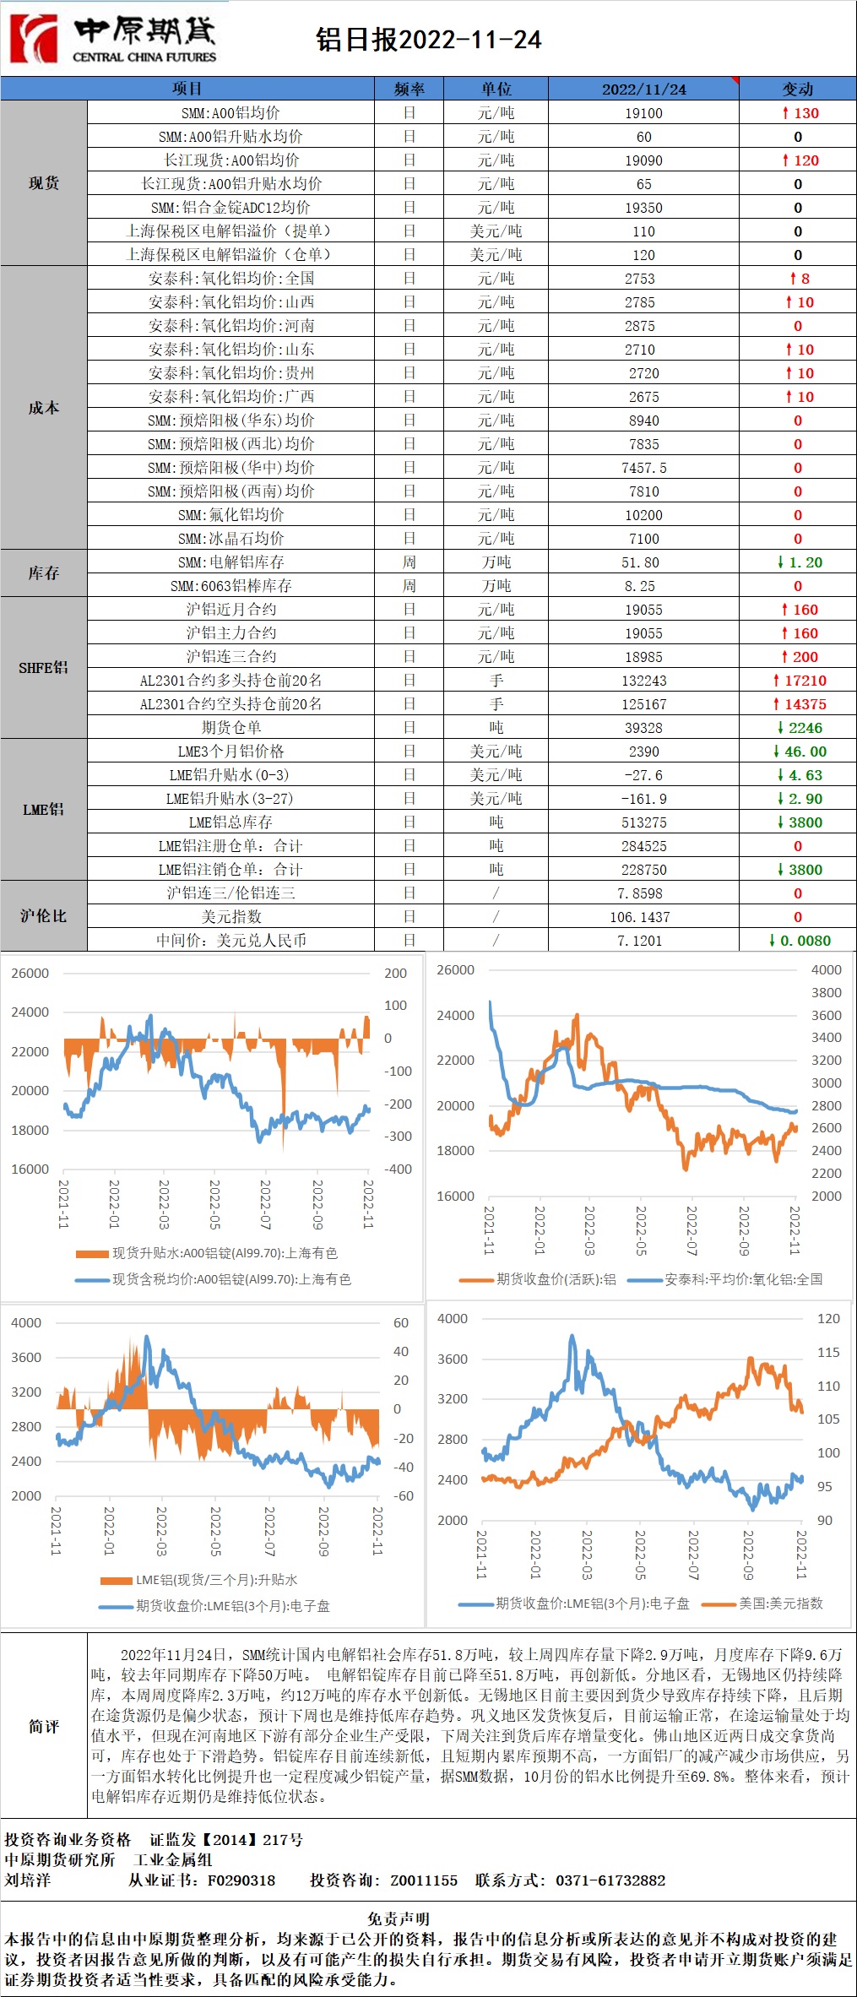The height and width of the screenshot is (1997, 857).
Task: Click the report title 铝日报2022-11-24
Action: coord(429,40)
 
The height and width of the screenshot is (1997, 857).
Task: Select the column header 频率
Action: coord(409,89)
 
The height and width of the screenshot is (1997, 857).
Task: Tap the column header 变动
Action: coord(797,89)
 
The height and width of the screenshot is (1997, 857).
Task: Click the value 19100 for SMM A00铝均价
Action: coord(643,113)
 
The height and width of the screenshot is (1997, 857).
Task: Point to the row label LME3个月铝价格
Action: coord(231,752)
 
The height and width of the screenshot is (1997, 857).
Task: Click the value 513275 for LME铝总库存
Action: coord(643,822)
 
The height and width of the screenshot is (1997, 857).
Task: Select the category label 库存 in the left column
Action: coord(43,573)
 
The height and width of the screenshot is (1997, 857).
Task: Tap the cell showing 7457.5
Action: coord(643,468)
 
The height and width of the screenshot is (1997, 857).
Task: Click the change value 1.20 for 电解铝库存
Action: coord(800,562)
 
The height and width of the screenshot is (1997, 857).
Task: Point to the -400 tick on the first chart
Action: coord(398,1169)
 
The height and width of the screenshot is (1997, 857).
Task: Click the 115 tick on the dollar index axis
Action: coord(828,1352)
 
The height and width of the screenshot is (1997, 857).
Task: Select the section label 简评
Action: coord(43,1726)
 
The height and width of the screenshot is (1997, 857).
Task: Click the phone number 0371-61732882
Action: coord(610,1880)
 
